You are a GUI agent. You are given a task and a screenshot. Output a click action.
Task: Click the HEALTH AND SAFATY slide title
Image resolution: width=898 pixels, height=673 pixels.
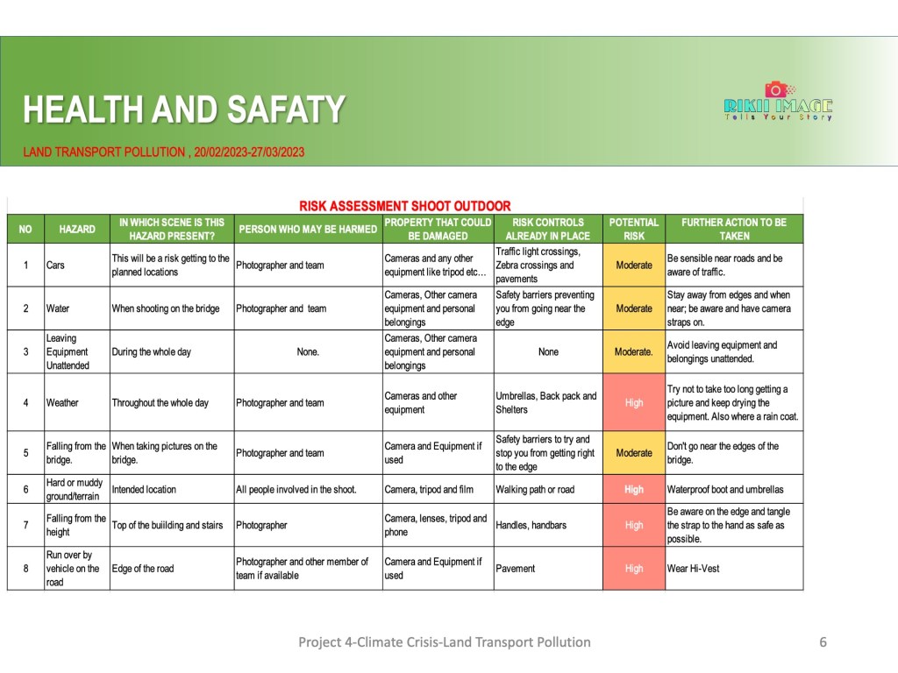point(183,110)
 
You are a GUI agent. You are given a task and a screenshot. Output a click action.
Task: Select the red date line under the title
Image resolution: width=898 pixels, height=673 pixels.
point(164,152)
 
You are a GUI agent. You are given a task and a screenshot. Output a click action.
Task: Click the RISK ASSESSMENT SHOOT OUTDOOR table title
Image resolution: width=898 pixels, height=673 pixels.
point(404,206)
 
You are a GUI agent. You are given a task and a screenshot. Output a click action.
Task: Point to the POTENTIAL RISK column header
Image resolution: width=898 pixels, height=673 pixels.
point(633,229)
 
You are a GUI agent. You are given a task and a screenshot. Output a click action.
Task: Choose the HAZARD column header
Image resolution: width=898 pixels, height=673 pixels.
point(77,229)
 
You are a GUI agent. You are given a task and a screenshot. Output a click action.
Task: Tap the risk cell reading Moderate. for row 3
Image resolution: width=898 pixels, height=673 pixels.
point(633,351)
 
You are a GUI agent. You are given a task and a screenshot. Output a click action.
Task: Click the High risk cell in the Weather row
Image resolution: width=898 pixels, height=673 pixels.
point(633,402)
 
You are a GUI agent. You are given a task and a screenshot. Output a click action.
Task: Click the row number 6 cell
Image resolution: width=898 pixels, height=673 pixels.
point(25,489)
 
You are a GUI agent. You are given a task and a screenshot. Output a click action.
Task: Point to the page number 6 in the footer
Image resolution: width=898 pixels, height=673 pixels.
point(823,641)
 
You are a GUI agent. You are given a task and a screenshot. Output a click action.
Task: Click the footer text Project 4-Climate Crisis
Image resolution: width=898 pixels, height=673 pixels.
point(444,641)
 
